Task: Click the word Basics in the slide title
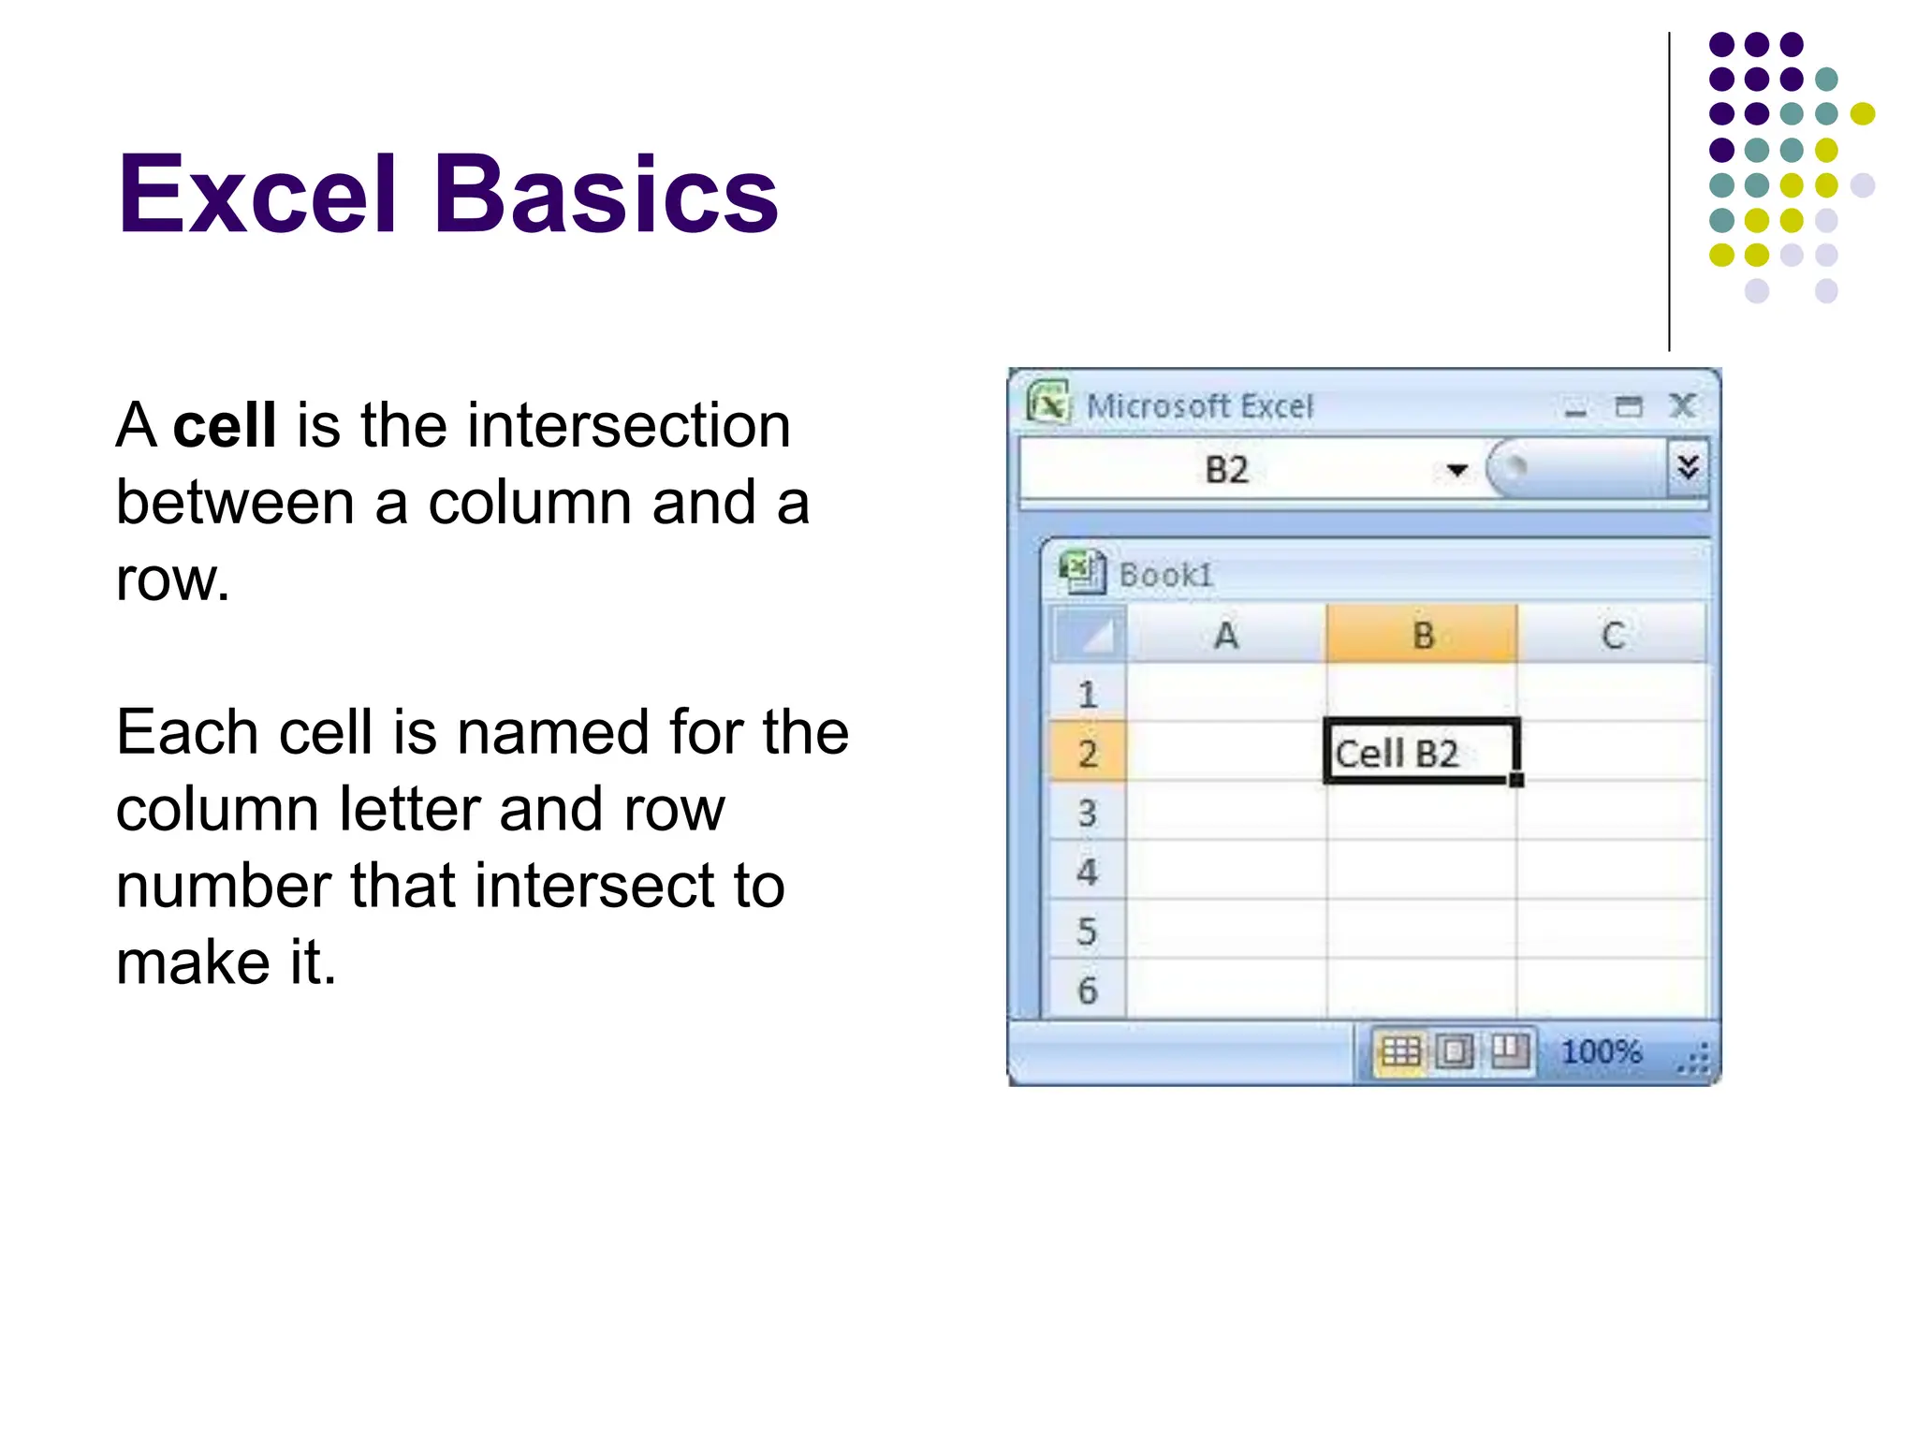pyautogui.click(x=606, y=195)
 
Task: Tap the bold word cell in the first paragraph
pyautogui.click(x=225, y=425)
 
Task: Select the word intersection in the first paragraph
pyautogui.click(x=628, y=425)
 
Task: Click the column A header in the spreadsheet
pyautogui.click(x=1226, y=636)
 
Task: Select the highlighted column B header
pyautogui.click(x=1423, y=636)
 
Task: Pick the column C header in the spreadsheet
pyautogui.click(x=1612, y=636)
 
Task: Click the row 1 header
pyautogui.click(x=1087, y=695)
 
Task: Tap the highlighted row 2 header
pyautogui.click(x=1087, y=753)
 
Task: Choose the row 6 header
pyautogui.click(x=1087, y=990)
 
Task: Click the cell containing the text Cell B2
pyautogui.click(x=1421, y=752)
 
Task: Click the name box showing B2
pyautogui.click(x=1226, y=469)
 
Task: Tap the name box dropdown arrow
pyautogui.click(x=1456, y=470)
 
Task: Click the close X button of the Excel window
pyautogui.click(x=1682, y=406)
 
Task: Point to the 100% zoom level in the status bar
pyautogui.click(x=1601, y=1051)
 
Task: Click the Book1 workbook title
pyautogui.click(x=1166, y=575)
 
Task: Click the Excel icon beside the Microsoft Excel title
pyautogui.click(x=1048, y=404)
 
